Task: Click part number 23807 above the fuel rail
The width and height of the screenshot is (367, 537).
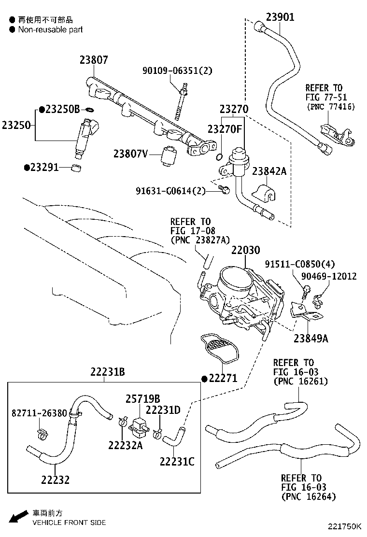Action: (94, 60)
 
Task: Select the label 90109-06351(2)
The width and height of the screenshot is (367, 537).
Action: (177, 71)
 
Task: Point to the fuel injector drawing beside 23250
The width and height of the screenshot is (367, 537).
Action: (87, 136)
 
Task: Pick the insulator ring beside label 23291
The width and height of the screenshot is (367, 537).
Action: (76, 168)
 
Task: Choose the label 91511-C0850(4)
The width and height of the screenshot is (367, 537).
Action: (299, 264)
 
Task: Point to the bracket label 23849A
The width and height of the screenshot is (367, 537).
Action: (311, 338)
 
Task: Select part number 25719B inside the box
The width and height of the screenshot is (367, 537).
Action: (143, 398)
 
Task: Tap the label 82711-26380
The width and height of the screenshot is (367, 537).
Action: (40, 413)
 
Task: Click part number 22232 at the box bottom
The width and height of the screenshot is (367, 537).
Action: (55, 480)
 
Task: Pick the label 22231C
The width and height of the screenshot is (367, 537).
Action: (177, 461)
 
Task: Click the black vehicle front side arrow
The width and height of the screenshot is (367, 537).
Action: (18, 517)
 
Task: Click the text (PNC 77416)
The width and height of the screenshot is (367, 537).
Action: (331, 107)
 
